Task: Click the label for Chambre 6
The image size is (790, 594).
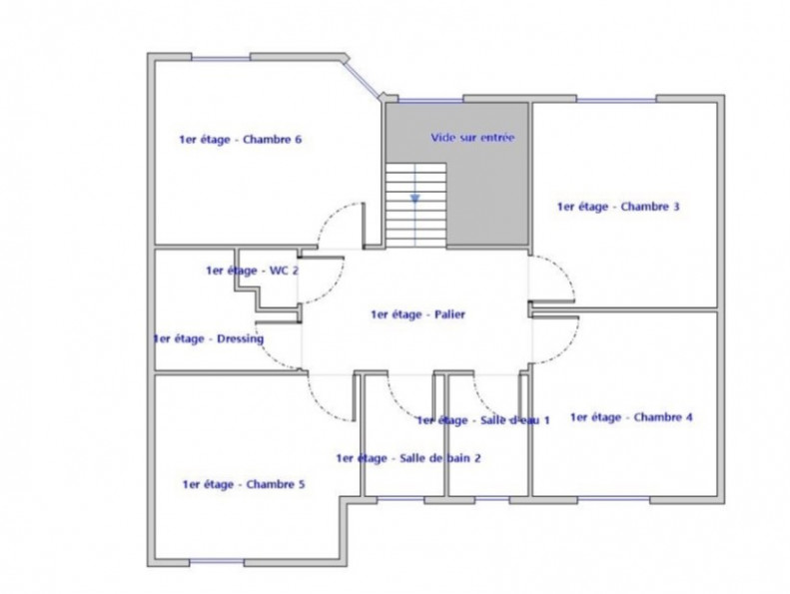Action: pos(240,140)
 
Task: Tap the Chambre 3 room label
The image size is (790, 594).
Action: pos(618,208)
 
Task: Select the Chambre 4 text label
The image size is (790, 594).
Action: pos(630,417)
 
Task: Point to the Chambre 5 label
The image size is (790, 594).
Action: pos(243,485)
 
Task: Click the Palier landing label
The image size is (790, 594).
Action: pos(416,313)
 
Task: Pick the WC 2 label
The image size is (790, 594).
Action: pos(252,271)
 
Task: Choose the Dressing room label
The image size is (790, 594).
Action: pos(208,338)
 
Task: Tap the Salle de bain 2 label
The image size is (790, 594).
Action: pos(409,458)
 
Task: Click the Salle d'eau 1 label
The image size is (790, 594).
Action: pos(483,420)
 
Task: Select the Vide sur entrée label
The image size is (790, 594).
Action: pos(472,137)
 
